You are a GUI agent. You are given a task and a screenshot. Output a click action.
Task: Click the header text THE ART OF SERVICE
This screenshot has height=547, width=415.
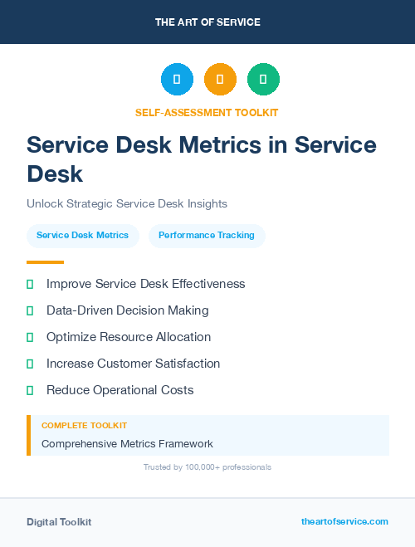tap(207, 22)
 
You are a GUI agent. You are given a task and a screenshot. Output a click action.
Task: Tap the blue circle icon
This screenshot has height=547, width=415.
tap(177, 79)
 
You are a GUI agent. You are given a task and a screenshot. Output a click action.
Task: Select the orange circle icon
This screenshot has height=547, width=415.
tap(220, 79)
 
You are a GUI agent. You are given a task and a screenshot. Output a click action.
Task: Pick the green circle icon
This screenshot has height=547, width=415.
tap(263, 79)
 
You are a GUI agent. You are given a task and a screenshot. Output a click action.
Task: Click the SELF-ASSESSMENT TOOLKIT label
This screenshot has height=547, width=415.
tap(207, 112)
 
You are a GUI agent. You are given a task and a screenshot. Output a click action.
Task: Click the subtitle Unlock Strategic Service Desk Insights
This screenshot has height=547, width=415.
tap(127, 203)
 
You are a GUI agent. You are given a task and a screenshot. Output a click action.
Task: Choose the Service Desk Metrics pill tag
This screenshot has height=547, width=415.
tap(83, 236)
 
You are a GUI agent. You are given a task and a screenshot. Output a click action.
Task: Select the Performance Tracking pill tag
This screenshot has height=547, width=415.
tap(207, 236)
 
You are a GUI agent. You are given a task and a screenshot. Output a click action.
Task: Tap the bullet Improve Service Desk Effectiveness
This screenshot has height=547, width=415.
tap(145, 284)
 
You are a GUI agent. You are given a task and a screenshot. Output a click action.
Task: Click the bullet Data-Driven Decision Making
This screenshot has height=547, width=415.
tap(127, 310)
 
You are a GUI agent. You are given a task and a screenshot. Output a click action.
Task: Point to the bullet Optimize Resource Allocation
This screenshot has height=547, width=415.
tap(129, 337)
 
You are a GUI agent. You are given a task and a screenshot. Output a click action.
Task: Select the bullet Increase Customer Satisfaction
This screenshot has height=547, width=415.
tap(133, 364)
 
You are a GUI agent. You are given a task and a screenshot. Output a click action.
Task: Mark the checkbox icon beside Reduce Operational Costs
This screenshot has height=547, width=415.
tap(30, 390)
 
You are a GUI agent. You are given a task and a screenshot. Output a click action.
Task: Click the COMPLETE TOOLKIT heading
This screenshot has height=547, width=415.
tap(84, 425)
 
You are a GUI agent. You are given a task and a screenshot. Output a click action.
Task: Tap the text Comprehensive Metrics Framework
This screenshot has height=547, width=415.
tap(127, 443)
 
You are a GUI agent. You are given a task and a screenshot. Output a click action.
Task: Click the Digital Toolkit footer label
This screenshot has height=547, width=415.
tap(59, 522)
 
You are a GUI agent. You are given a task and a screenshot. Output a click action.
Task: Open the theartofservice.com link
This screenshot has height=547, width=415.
tap(344, 521)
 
